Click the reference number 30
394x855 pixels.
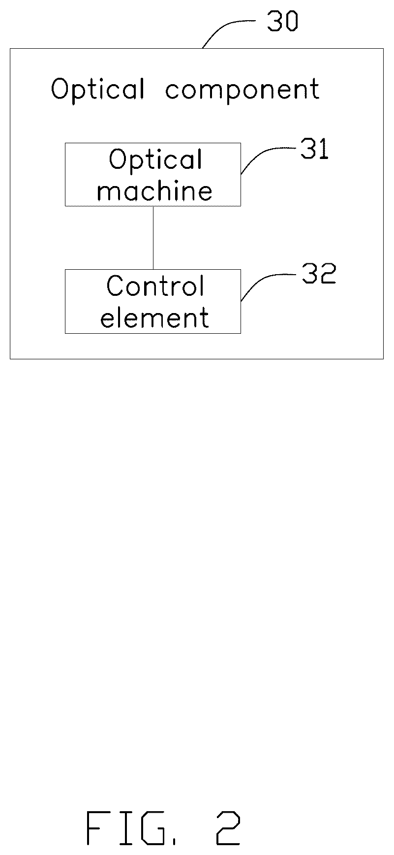click(x=282, y=22)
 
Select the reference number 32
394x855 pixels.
click(x=319, y=274)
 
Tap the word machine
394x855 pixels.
click(x=155, y=190)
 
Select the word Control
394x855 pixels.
click(x=155, y=286)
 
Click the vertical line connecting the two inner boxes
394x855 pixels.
click(x=153, y=237)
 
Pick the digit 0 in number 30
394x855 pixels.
click(x=291, y=22)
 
